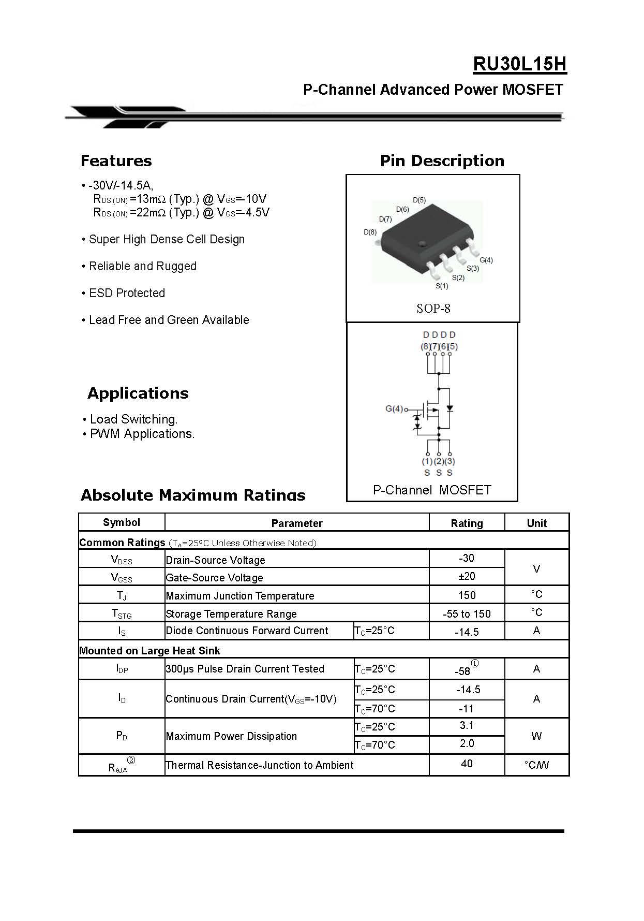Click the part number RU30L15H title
[x=519, y=64]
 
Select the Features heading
[x=116, y=161]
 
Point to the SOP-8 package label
[x=433, y=309]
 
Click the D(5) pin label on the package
[x=419, y=200]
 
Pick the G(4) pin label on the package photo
[x=486, y=260]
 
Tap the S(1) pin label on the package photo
[x=442, y=286]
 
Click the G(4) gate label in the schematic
[x=394, y=409]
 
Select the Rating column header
[x=467, y=523]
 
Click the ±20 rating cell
[x=467, y=576]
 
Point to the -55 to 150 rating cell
[x=467, y=614]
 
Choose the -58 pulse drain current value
[x=462, y=671]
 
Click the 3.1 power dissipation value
[x=467, y=726]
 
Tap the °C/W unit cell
[x=536, y=765]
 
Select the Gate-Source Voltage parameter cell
[x=214, y=578]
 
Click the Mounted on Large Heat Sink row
[x=149, y=651]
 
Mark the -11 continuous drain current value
[x=467, y=709]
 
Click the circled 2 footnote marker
[x=131, y=760]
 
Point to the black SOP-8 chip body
[x=424, y=233]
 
